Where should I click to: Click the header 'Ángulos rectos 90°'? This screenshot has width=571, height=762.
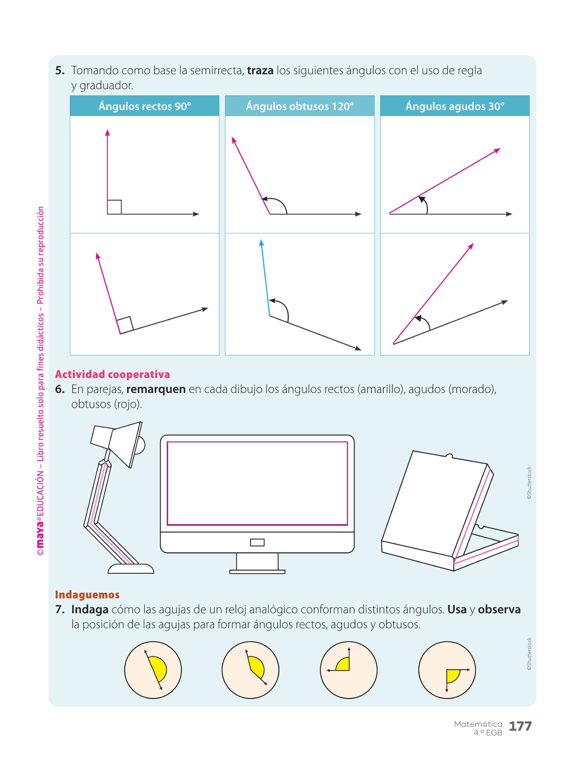pos(145,106)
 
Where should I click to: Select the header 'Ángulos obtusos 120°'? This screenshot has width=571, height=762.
pos(300,106)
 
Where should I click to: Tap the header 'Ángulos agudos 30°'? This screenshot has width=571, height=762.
pos(455,106)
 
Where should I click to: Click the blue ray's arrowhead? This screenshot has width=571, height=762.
pos(261,243)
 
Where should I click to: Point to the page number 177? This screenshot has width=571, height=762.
pos(520,726)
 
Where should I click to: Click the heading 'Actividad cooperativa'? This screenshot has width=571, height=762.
pos(112,374)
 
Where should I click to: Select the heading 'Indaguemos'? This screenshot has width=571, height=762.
pos(87,595)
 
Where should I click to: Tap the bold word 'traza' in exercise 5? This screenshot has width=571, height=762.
pos(260,70)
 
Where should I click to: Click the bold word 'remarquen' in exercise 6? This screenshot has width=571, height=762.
pos(156,389)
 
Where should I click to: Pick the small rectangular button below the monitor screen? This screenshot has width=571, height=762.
pos(257,542)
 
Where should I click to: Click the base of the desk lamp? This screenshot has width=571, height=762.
pos(131,569)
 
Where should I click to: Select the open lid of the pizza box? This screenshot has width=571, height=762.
pos(435,502)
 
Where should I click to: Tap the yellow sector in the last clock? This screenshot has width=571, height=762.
pos(452,675)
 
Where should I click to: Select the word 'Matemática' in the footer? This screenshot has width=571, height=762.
pos(478,724)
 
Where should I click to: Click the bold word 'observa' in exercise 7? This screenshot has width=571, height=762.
pos(499,609)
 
